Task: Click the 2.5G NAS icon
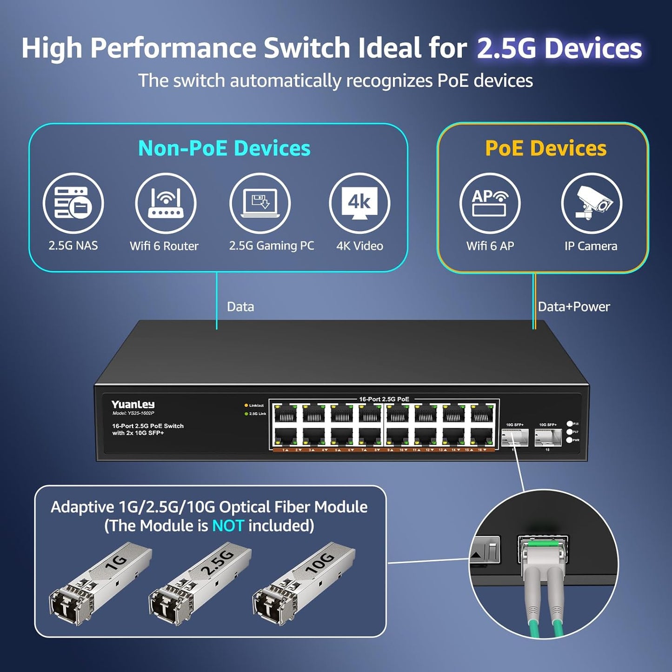tap(73, 203)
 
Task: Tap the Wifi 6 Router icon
tap(166, 203)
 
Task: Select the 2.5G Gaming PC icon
tap(260, 203)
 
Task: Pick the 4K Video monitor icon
tap(359, 203)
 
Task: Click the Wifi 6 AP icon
tap(490, 203)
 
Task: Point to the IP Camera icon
tap(591, 203)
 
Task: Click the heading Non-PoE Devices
tap(224, 148)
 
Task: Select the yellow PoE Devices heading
tap(546, 148)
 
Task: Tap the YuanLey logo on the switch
tap(133, 405)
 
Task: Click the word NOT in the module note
tap(228, 526)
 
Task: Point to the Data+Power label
tap(574, 307)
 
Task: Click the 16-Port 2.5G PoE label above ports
tap(384, 399)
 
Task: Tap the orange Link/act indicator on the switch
tap(246, 406)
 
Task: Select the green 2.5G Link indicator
tap(246, 413)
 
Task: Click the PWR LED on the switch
tap(569, 440)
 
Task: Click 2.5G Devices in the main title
tap(559, 48)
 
